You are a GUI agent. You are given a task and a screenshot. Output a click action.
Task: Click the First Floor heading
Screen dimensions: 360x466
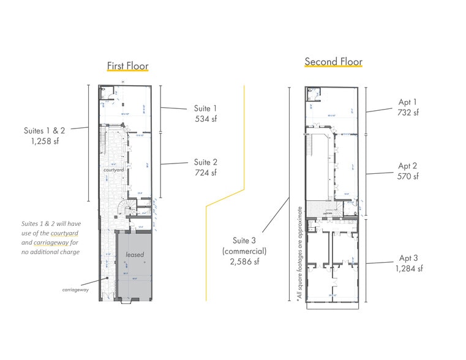pos(127,66)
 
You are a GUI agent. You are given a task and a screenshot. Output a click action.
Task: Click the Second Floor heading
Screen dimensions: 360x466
pos(333,62)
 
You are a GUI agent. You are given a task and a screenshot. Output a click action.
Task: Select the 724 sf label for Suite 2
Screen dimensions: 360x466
pos(206,173)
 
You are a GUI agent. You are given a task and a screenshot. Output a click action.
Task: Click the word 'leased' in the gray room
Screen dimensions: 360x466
pos(135,253)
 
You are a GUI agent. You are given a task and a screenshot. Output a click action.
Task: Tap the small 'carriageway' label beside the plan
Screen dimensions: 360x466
pos(76,290)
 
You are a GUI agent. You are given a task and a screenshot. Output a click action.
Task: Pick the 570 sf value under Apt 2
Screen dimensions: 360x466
pos(408,176)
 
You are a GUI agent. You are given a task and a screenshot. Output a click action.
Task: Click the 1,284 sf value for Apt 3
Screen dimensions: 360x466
pos(408,268)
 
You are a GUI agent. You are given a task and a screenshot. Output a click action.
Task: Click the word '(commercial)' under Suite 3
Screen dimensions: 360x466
pos(244,250)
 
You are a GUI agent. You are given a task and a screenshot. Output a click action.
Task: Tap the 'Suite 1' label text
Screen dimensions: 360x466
pos(206,108)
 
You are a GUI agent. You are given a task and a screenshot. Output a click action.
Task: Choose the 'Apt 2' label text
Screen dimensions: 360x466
pos(408,166)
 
